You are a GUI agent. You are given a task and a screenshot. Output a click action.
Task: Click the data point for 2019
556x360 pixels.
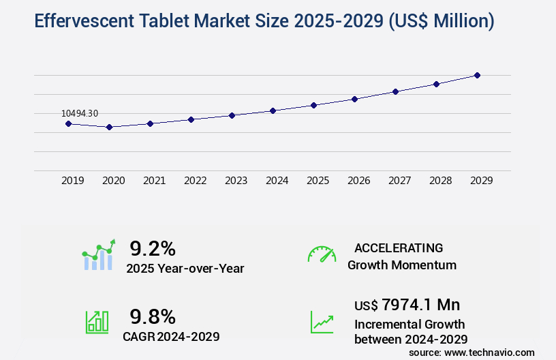tap(68, 123)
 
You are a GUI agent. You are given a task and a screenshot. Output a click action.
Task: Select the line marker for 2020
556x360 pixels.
tap(109, 127)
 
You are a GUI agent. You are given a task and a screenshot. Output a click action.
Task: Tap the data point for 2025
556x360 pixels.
tap(313, 105)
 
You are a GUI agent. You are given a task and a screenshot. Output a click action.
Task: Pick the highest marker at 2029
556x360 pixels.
tap(477, 75)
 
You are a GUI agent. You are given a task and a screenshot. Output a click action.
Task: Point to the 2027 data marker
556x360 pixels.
tap(395, 91)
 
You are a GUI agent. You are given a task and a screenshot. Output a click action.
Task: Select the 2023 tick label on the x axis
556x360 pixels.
tap(236, 181)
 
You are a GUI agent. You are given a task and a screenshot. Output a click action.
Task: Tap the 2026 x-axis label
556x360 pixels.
tap(358, 181)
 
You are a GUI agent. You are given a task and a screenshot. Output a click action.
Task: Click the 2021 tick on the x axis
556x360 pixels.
tap(154, 181)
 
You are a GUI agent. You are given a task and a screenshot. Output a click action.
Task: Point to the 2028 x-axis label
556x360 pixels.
tap(440, 181)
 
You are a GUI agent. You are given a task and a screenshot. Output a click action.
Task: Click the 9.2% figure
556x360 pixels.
tap(153, 248)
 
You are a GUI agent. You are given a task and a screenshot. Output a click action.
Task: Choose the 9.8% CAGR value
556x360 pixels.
tap(153, 316)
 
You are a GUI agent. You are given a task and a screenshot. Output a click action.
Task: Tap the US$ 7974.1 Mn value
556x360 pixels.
tap(402, 304)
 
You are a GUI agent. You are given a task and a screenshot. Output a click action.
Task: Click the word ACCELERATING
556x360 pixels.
tap(399, 248)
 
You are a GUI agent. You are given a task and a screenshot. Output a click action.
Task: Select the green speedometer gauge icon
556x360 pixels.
tap(322, 254)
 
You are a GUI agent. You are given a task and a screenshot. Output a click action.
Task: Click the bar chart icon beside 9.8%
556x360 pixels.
tap(97, 322)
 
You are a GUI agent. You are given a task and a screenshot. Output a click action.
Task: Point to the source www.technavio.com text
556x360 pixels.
tap(472, 352)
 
